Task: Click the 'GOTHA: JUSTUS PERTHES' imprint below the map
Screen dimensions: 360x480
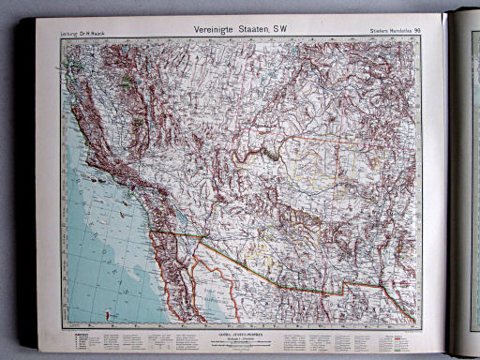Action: (240, 330)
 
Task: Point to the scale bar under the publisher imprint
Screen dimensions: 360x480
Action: (240, 338)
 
